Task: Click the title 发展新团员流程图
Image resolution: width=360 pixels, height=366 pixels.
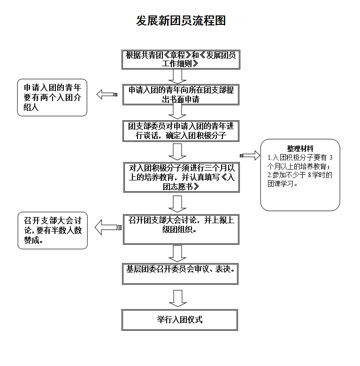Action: [181, 21]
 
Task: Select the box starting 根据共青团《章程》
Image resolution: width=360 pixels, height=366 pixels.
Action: [180, 59]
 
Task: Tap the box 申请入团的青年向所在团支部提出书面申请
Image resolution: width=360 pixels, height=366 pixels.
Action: [181, 94]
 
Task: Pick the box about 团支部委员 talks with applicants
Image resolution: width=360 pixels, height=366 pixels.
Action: [180, 131]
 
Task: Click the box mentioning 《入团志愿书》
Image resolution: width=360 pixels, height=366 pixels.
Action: [181, 177]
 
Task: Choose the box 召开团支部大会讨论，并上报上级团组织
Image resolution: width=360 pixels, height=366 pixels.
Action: [181, 229]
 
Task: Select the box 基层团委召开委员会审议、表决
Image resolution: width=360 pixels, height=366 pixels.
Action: [180, 273]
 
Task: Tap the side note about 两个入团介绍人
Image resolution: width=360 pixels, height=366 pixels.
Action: [52, 97]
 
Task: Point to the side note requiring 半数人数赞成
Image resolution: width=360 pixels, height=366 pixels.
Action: [52, 230]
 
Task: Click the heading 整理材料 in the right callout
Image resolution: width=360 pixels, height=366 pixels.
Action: [300, 148]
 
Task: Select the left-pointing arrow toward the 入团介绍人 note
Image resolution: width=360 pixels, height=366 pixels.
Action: [107, 94]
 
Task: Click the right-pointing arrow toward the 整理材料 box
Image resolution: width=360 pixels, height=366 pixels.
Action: [250, 156]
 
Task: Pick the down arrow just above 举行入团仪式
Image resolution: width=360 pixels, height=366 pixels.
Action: [177, 298]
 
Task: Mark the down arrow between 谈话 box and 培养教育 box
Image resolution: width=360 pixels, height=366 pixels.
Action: [177, 151]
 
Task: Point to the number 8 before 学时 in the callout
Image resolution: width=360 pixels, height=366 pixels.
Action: [309, 175]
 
